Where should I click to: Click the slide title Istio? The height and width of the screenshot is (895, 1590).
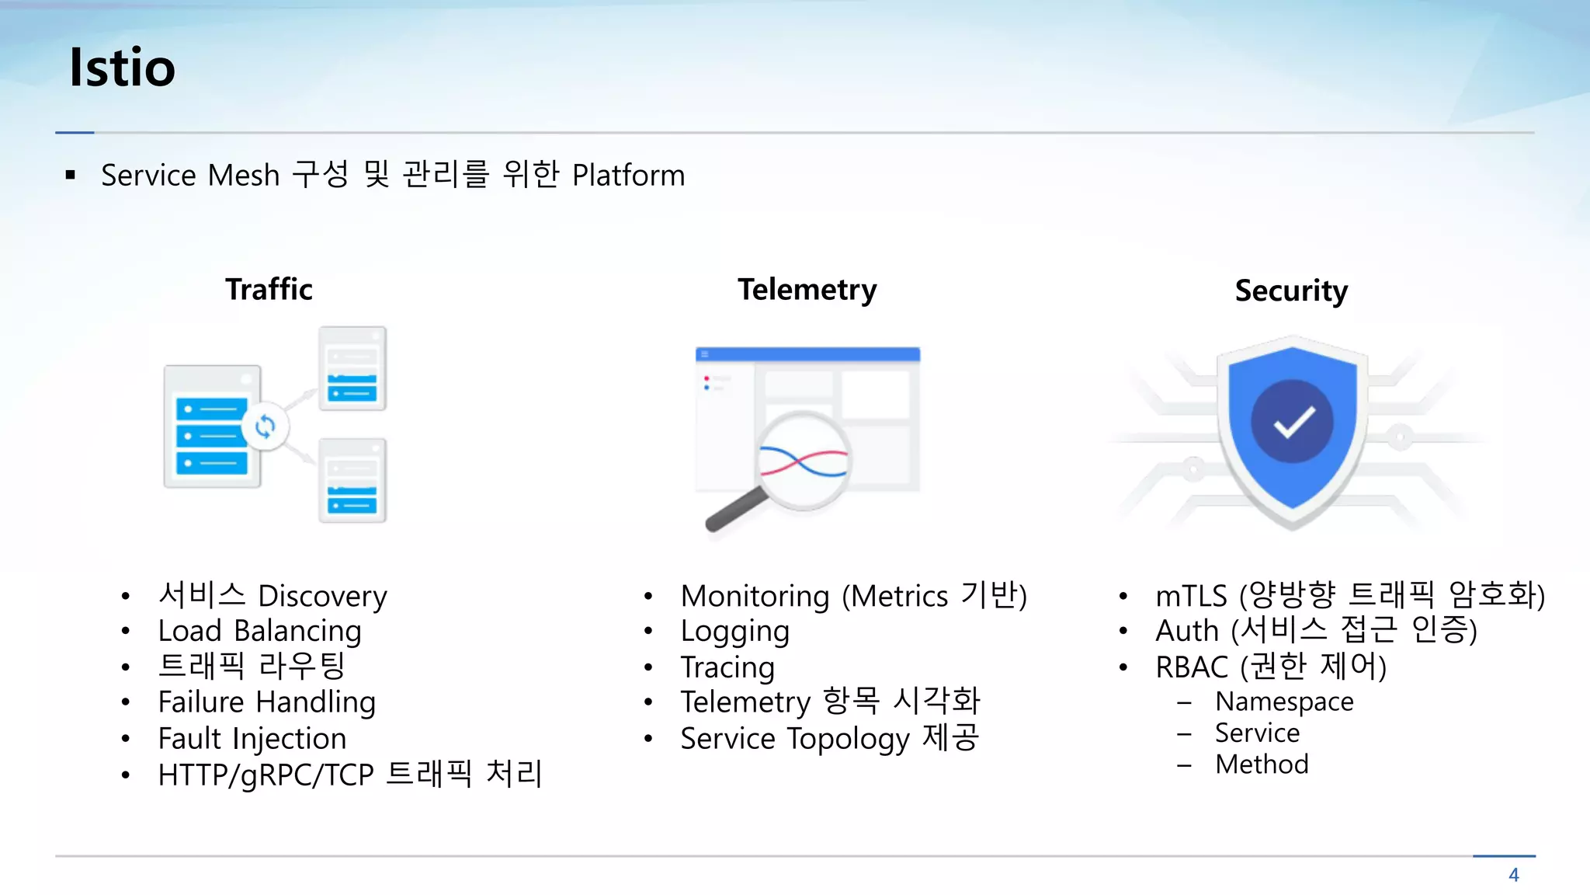click(122, 67)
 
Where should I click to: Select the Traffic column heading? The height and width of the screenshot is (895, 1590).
click(269, 289)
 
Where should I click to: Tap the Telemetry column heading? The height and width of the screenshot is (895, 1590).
click(807, 289)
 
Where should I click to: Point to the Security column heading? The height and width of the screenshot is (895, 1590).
click(1291, 291)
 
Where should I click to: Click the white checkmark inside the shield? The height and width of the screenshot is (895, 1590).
click(1293, 422)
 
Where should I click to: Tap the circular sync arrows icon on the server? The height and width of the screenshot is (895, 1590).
click(265, 426)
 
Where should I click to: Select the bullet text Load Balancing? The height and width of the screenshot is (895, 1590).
click(259, 631)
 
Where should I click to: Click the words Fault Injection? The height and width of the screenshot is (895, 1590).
click(252, 738)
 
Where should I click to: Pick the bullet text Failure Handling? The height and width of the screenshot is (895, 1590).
click(266, 702)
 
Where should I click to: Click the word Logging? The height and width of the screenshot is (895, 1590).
click(734, 632)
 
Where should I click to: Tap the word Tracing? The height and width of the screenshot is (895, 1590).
click(727, 667)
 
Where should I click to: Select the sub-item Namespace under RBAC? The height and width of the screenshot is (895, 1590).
click(1284, 702)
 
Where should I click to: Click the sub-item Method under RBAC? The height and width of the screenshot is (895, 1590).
click(1262, 764)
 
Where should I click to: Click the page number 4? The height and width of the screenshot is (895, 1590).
click(1513, 875)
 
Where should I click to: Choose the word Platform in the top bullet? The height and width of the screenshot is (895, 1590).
click(628, 176)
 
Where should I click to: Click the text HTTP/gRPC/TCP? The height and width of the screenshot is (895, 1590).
click(266, 775)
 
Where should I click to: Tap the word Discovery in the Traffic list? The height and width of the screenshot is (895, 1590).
click(322, 596)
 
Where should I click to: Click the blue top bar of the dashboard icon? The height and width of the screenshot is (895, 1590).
click(807, 354)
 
